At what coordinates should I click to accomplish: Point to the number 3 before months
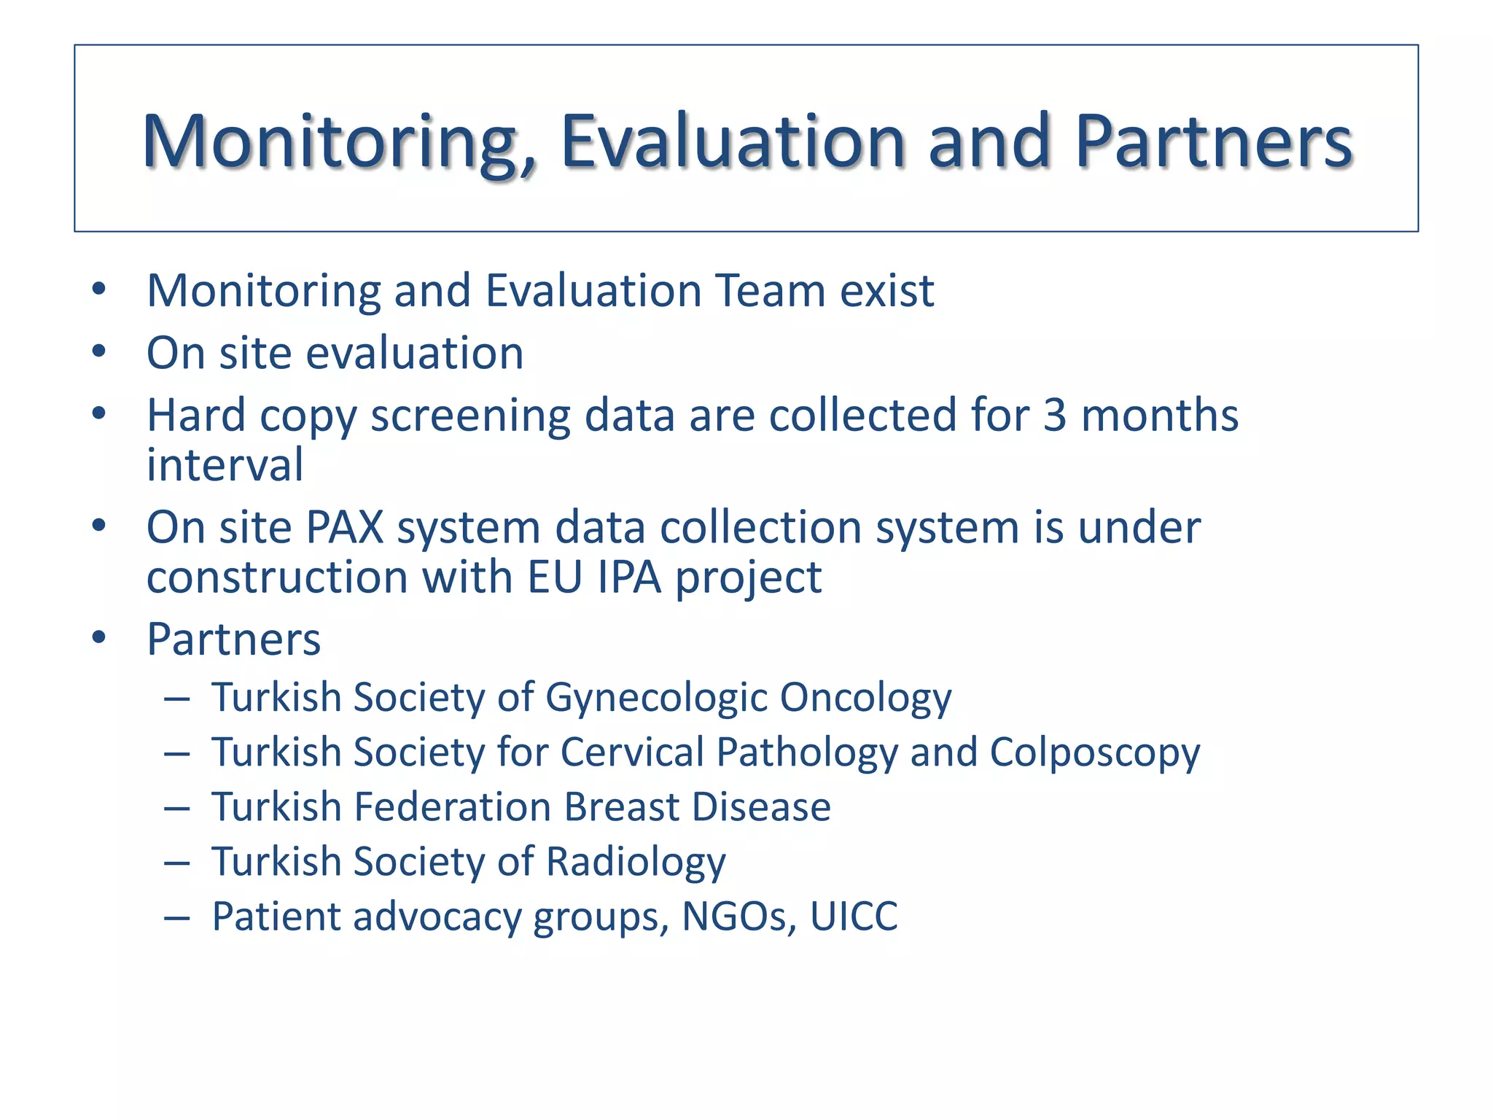[x=1055, y=416]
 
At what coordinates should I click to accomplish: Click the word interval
[x=225, y=465]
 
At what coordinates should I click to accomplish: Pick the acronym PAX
[x=345, y=527]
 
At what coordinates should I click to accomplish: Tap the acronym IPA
[x=628, y=577]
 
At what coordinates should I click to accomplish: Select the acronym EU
[x=555, y=577]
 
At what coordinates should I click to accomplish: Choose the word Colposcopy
[x=1094, y=752]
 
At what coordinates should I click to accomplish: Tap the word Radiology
[x=636, y=863]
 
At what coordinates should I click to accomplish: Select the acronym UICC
[x=854, y=917]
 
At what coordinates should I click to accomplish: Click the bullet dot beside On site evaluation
[x=99, y=352]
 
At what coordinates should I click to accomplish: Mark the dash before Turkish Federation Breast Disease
[x=177, y=808]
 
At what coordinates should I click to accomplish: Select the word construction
[x=278, y=577]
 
